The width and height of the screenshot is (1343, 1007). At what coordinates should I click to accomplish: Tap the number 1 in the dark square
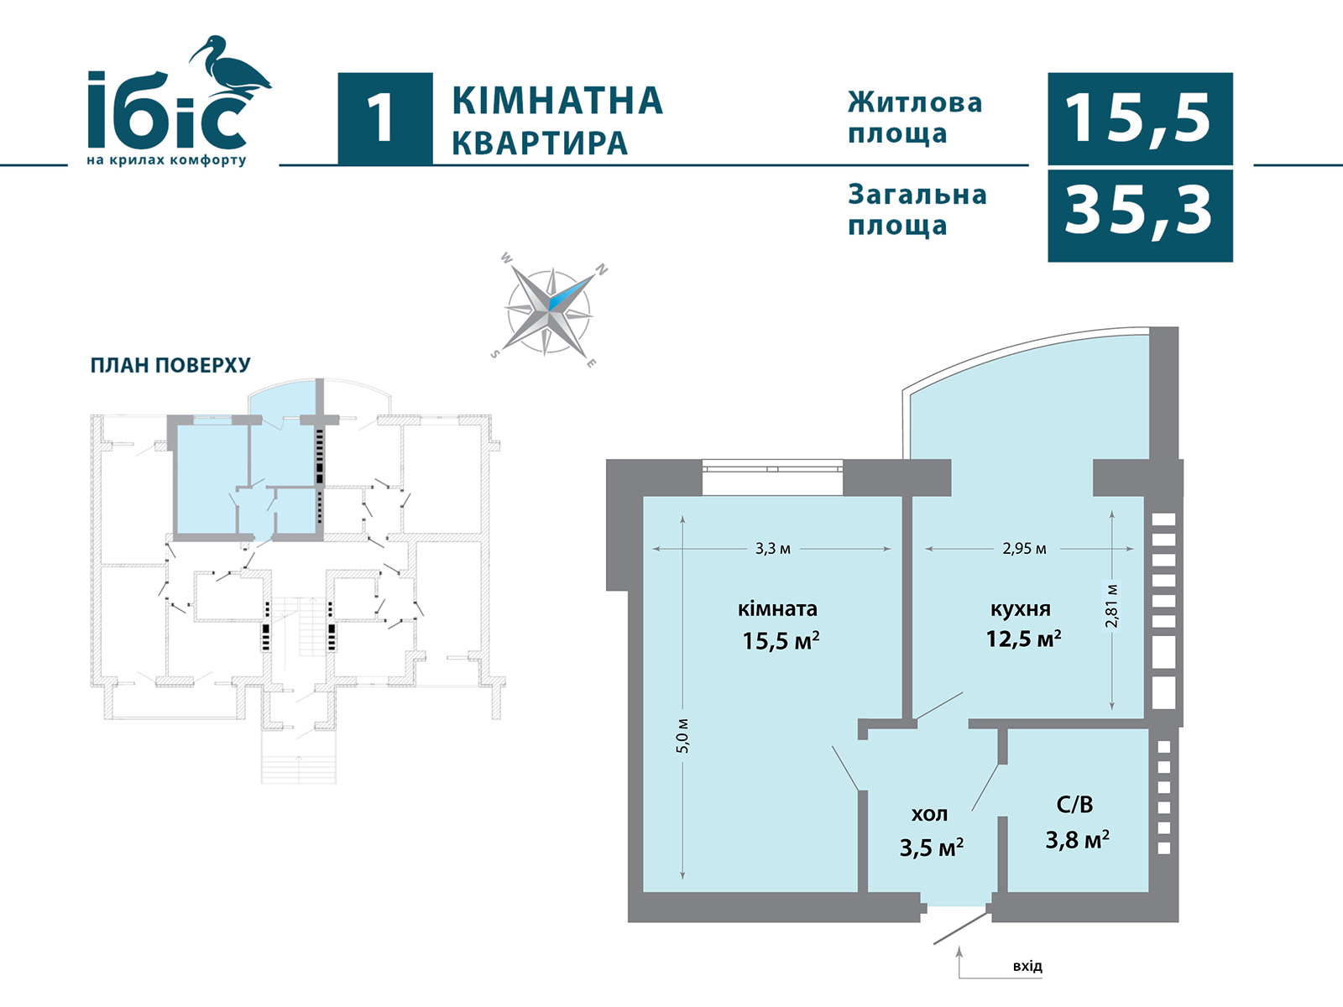click(382, 118)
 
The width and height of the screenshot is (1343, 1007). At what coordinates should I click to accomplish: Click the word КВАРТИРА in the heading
click(540, 143)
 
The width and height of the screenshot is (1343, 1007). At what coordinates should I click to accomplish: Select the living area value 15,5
click(1138, 119)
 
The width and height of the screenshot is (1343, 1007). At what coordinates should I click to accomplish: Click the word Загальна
click(917, 195)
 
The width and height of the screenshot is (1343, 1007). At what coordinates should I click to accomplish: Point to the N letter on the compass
click(602, 269)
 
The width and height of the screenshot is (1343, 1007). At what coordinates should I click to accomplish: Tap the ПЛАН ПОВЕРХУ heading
click(170, 365)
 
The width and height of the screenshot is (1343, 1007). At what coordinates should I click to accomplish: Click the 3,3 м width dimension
click(773, 549)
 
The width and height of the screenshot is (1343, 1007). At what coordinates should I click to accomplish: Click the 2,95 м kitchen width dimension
click(1024, 549)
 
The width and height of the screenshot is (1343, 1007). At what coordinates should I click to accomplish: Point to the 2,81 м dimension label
click(1111, 606)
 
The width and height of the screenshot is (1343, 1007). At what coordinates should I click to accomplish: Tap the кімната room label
click(777, 609)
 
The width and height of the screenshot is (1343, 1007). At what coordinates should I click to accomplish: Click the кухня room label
click(1020, 609)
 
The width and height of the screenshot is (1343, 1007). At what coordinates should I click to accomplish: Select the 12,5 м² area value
click(1023, 639)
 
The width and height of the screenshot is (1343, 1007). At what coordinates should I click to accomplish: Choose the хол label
click(929, 814)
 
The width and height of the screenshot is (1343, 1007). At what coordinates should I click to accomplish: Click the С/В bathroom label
click(1074, 805)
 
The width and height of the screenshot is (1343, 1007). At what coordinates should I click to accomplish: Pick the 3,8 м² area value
click(1078, 840)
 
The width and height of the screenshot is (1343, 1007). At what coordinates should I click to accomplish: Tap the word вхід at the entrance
click(1027, 966)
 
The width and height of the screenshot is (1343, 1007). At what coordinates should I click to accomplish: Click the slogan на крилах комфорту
click(166, 160)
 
